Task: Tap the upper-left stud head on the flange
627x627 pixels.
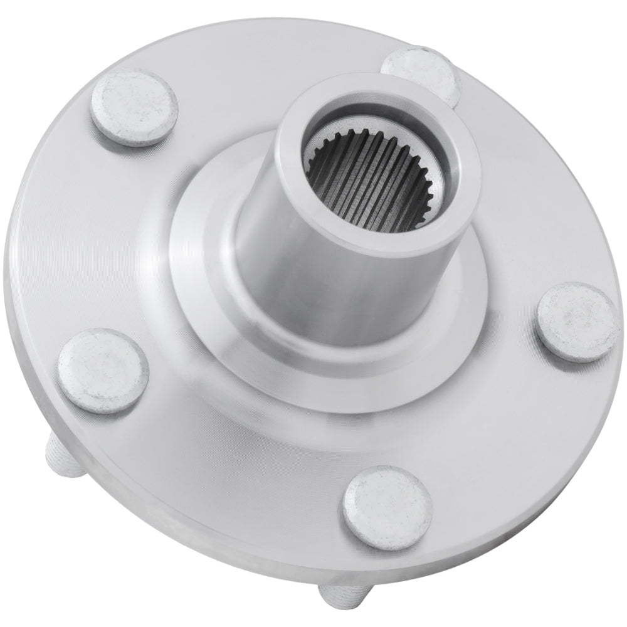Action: [x=134, y=108]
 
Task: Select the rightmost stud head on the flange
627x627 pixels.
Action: [x=576, y=322]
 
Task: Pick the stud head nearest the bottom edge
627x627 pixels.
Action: [x=387, y=507]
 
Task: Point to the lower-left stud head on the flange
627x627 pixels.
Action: [x=103, y=371]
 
